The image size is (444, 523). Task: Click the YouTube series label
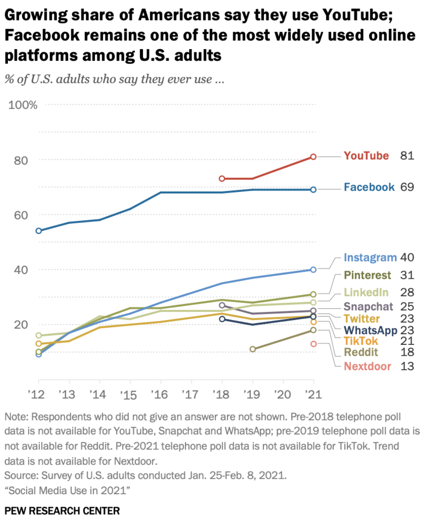(367, 156)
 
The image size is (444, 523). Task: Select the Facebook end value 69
(407, 187)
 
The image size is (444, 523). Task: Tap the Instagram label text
(370, 258)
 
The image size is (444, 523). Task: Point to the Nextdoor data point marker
(313, 343)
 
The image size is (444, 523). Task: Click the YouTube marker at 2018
(222, 178)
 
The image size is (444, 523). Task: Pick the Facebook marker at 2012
(39, 230)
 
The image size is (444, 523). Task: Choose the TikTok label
(361, 341)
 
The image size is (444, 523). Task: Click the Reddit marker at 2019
(253, 349)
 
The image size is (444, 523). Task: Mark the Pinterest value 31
(407, 275)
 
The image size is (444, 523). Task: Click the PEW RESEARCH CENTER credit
(62, 511)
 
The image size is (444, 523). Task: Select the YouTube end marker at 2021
(313, 156)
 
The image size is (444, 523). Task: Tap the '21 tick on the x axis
(313, 394)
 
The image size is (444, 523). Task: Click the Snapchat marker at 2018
(222, 305)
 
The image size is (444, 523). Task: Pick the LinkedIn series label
(366, 292)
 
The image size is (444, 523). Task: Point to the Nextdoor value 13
(407, 366)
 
